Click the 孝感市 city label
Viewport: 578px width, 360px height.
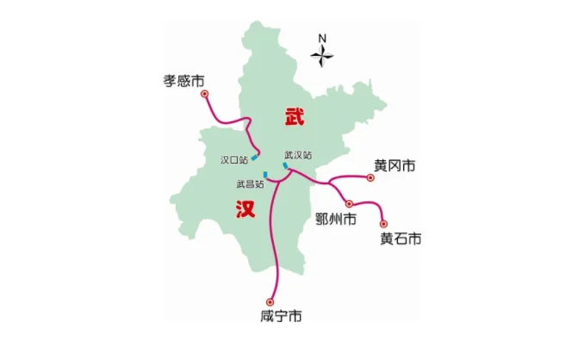tap(184, 80)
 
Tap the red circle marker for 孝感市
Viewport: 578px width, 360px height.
tap(205, 92)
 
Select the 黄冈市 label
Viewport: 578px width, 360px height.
tap(395, 164)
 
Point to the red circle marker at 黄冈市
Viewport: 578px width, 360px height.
tap(370, 177)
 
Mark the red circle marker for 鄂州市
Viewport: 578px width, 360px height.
tap(349, 203)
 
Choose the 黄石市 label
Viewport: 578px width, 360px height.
tap(401, 239)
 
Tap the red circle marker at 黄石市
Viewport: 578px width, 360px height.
tap(384, 223)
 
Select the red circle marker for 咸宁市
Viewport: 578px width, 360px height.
tap(270, 301)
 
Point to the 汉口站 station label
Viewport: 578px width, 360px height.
tap(233, 159)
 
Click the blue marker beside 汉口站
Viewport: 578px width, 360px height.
tap(254, 158)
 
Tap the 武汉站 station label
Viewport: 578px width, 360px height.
tap(298, 155)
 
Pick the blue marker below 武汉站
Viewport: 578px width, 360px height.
tap(285, 164)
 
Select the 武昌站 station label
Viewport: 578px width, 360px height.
tap(250, 183)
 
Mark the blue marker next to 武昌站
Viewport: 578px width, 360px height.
tap(267, 175)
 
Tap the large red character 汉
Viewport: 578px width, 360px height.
tap(245, 209)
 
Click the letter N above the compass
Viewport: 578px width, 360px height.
tap(323, 38)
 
